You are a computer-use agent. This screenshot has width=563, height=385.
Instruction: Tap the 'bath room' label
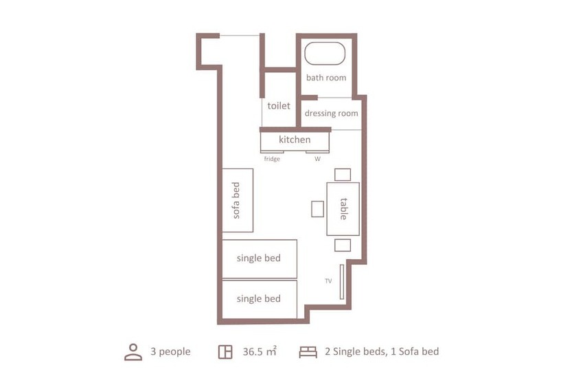tap(326, 78)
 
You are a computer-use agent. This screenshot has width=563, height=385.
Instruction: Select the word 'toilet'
tap(279, 106)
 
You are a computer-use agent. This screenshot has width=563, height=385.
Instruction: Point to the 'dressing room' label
tap(332, 113)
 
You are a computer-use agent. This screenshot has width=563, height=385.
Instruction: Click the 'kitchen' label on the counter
tap(295, 140)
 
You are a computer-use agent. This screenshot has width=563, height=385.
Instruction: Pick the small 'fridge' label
tap(272, 159)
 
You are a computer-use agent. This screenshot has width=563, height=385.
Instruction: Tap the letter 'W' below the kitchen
tap(317, 159)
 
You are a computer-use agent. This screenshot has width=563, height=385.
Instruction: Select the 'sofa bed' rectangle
tap(238, 199)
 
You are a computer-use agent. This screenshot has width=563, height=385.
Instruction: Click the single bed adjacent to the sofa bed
tap(259, 258)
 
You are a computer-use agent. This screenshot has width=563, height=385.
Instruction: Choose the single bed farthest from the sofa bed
tap(259, 299)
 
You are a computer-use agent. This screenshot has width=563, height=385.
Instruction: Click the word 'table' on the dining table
tap(343, 208)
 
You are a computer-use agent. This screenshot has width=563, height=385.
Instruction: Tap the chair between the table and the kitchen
tap(343, 174)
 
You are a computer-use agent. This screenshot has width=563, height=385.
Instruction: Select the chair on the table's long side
tap(317, 208)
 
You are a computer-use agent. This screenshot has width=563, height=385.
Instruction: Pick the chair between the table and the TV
tap(343, 245)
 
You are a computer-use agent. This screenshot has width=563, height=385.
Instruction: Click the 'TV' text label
tap(328, 281)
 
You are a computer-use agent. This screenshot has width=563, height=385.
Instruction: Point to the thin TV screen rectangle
tap(341, 281)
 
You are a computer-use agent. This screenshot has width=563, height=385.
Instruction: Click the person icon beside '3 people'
tap(133, 351)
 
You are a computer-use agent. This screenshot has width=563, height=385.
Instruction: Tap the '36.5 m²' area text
tap(260, 351)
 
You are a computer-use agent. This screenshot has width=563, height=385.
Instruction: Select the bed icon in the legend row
tap(308, 352)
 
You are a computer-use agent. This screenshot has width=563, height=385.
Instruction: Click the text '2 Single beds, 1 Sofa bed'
tap(381, 351)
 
